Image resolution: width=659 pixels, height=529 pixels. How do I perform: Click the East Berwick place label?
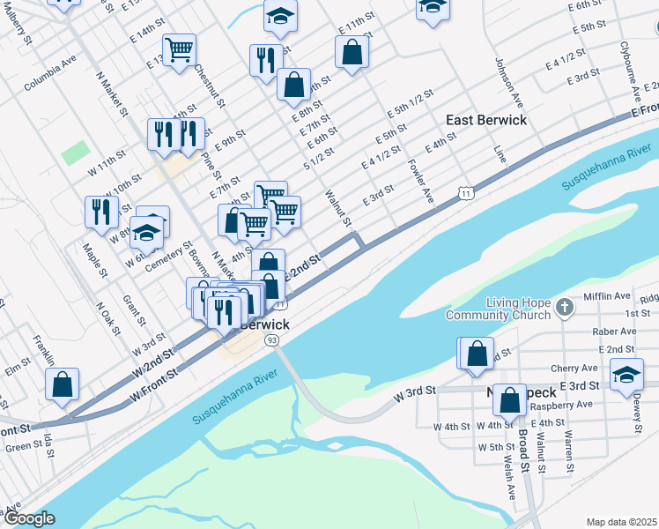coord(486,120)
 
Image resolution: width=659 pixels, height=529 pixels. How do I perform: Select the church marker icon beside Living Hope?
coord(566,308)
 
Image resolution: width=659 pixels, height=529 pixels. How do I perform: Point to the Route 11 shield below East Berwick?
coord(463,192)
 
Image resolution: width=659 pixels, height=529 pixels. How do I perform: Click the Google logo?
coord(29,518)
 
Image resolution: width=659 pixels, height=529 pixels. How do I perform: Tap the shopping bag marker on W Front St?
coord(63,385)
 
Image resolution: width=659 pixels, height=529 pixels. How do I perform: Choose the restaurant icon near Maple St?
coord(101,212)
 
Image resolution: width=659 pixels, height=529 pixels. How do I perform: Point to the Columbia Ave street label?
coord(50,76)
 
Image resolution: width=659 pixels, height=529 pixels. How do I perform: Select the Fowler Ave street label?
coord(420,180)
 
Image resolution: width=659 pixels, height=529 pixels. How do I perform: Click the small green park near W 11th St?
coord(76,153)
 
